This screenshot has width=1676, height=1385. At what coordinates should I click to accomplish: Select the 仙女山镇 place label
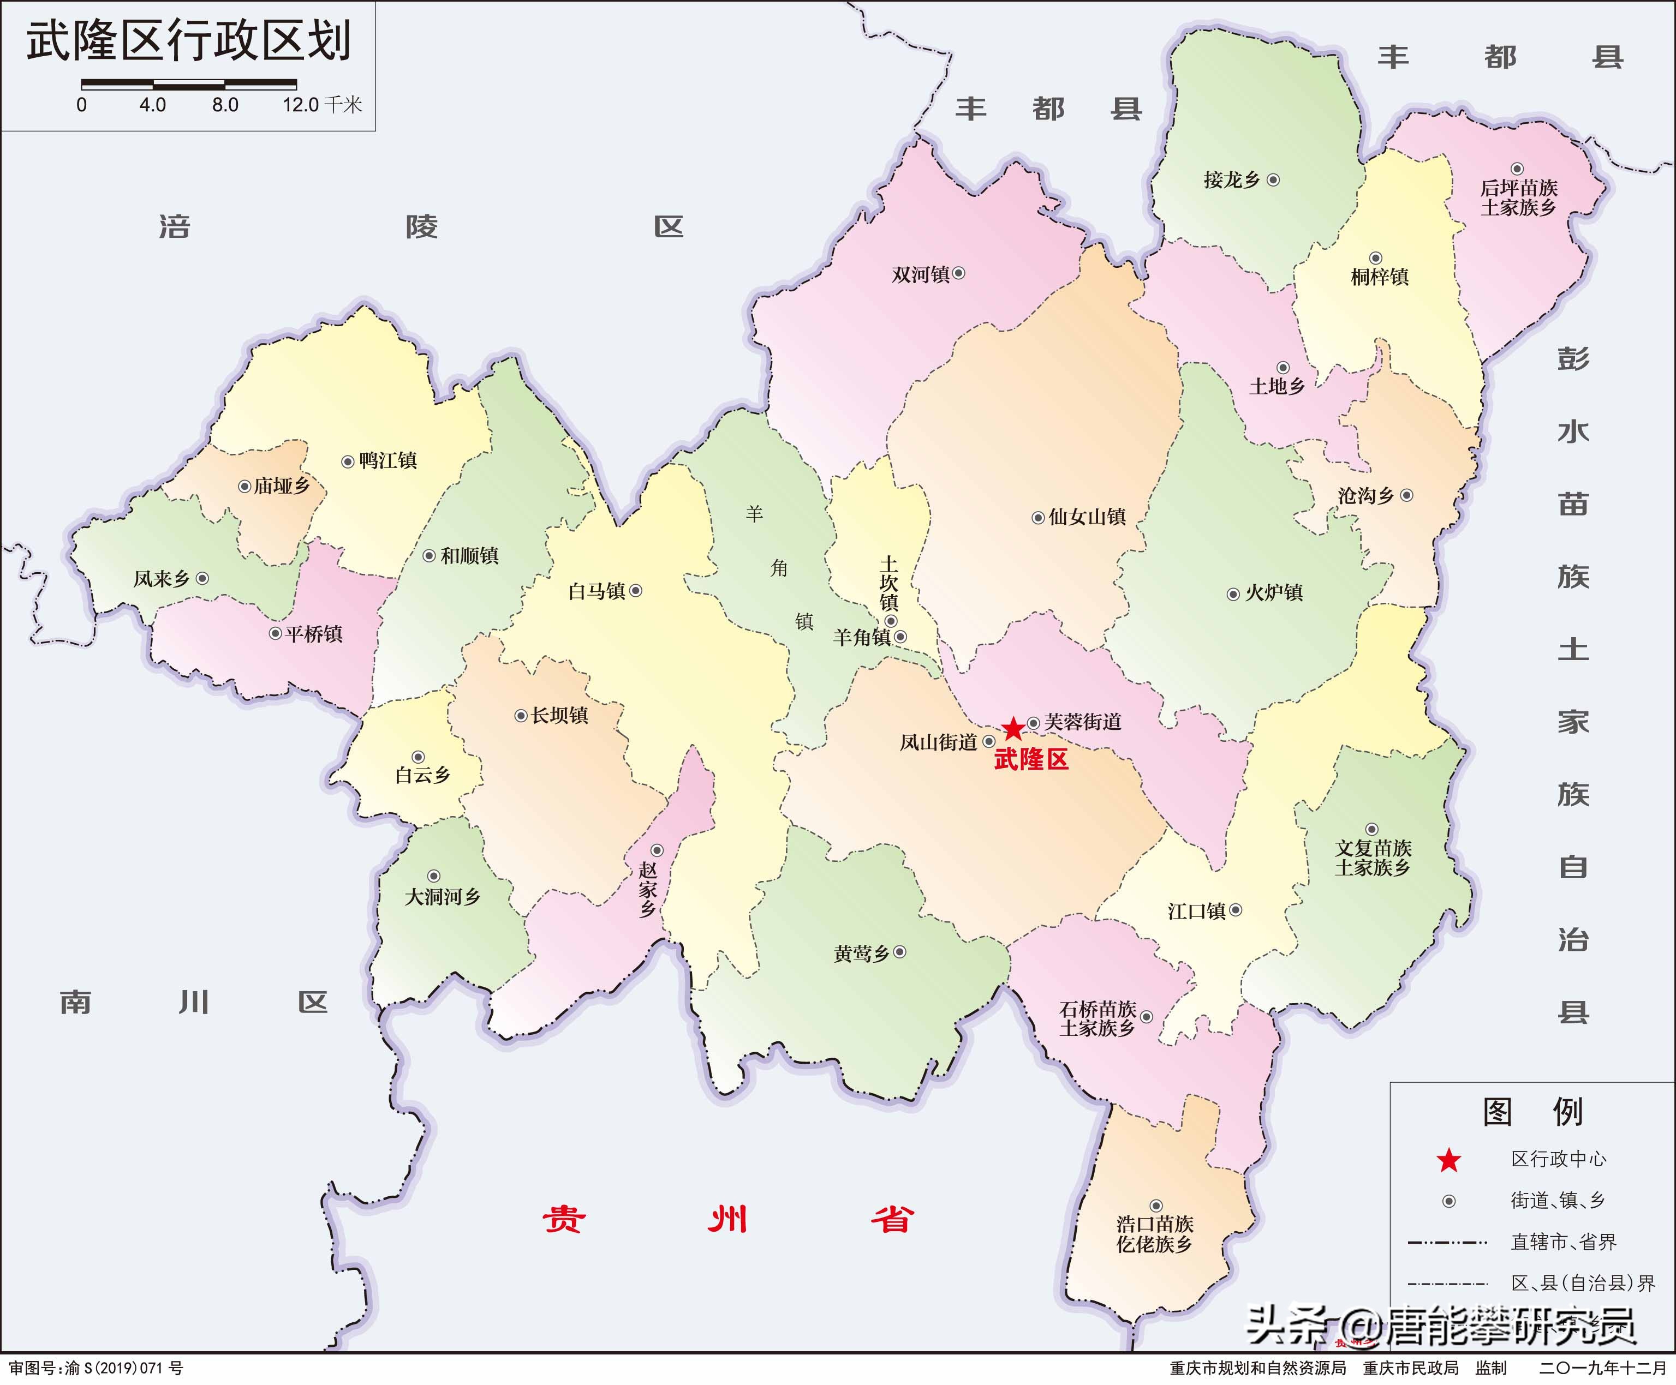coord(1087,517)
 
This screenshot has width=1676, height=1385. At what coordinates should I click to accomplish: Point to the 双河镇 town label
coord(921,274)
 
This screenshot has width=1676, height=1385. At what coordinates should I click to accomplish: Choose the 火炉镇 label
coord(1274,593)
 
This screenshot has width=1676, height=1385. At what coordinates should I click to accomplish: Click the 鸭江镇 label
coord(388,461)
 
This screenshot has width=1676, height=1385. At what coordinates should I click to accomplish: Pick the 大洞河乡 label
coord(443,897)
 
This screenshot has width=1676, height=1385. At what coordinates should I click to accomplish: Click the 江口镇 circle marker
coord(1236,910)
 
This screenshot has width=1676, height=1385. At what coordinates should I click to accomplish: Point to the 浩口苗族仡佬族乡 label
coord(1155,1234)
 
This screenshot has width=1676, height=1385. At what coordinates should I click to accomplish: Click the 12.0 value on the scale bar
coord(300,105)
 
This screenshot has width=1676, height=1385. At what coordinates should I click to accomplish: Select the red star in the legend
coord(1448,1161)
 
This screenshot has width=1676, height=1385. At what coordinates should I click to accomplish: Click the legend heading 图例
coord(1532,1111)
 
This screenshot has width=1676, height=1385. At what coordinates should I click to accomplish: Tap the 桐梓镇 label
coord(1380,277)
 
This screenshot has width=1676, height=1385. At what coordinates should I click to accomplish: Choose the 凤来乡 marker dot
coord(202,578)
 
